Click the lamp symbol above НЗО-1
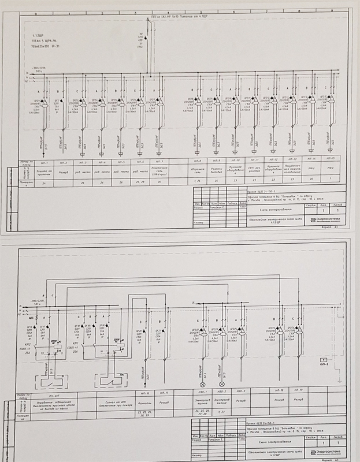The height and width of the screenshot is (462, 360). [x=202, y=384]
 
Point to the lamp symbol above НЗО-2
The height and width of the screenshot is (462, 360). [x=221, y=384]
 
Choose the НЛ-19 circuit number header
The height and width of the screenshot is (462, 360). [x=299, y=392]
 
